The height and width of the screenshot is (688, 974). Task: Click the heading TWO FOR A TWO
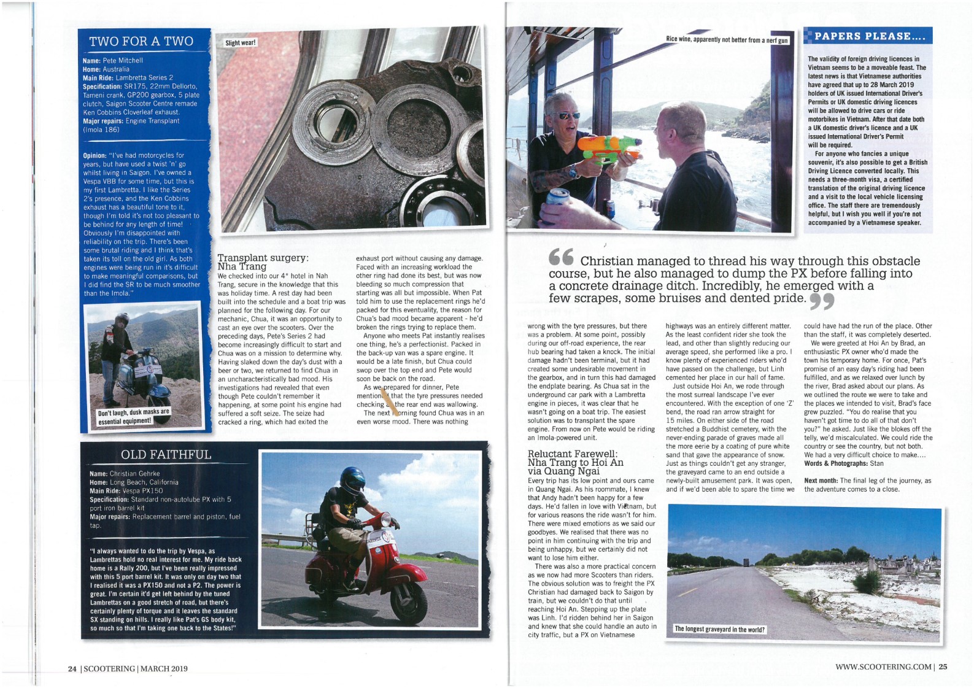click(141, 41)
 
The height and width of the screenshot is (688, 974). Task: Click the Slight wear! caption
click(241, 43)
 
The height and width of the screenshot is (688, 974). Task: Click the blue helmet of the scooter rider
click(353, 481)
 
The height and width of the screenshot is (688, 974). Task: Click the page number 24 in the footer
click(72, 668)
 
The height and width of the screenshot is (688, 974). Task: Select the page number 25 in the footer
click(942, 667)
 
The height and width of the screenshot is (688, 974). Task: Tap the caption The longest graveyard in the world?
click(719, 629)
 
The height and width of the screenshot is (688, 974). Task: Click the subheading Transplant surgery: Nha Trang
click(263, 262)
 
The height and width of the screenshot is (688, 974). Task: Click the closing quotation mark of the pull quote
click(822, 301)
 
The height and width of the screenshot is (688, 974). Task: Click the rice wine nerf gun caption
click(727, 40)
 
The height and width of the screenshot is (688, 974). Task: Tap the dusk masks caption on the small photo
click(133, 416)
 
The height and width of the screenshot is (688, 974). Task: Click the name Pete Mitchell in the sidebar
click(122, 61)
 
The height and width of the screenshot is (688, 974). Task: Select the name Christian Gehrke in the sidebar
click(134, 474)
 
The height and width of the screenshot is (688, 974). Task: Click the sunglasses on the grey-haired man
click(568, 115)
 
